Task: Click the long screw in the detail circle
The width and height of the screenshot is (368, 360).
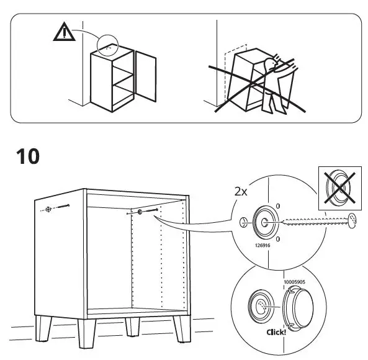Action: point(316,220)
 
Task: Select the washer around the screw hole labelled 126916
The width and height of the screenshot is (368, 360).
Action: point(264,222)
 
